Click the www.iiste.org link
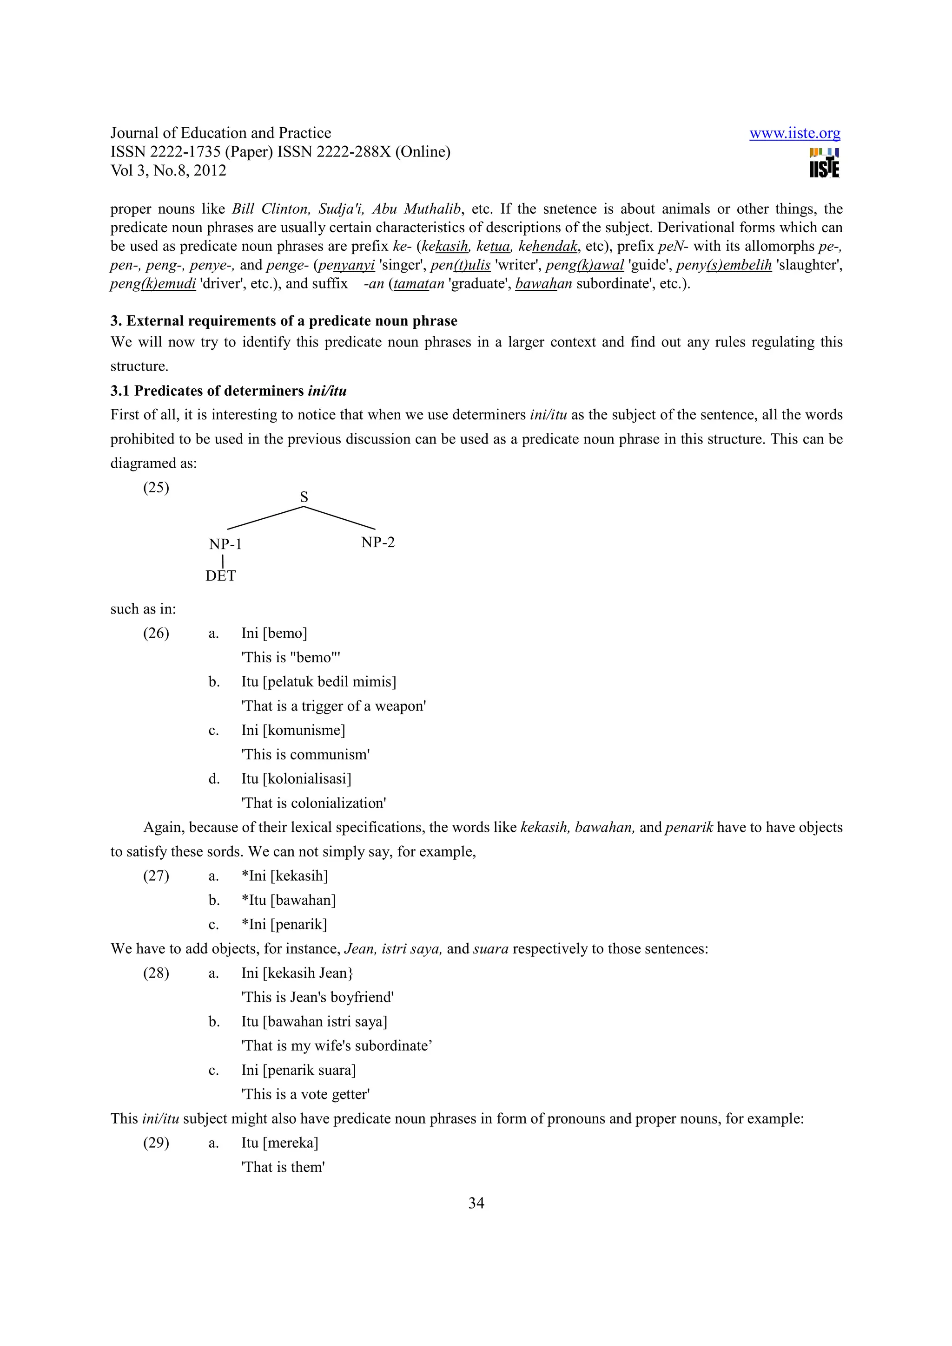[794, 134]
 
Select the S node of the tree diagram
[304, 497]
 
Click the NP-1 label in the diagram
[225, 544]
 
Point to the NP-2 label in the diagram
[378, 542]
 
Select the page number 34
[476, 1203]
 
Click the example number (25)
[156, 488]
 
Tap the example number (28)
[156, 973]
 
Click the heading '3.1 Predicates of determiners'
[228, 391]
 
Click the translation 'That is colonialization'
[314, 803]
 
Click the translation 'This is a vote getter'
[305, 1095]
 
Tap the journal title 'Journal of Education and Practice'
[220, 133]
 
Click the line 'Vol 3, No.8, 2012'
[168, 170]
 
